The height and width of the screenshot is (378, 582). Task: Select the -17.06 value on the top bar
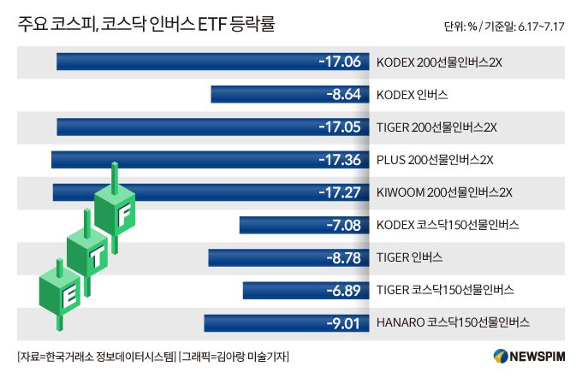click(339, 62)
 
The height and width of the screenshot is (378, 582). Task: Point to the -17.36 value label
click(339, 159)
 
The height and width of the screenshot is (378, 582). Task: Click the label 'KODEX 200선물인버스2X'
click(439, 62)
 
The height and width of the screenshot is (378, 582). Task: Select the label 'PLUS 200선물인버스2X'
click(435, 159)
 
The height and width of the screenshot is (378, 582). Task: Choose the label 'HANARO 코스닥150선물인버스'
click(453, 322)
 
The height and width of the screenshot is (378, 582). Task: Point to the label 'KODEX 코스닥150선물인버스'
click(448, 224)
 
